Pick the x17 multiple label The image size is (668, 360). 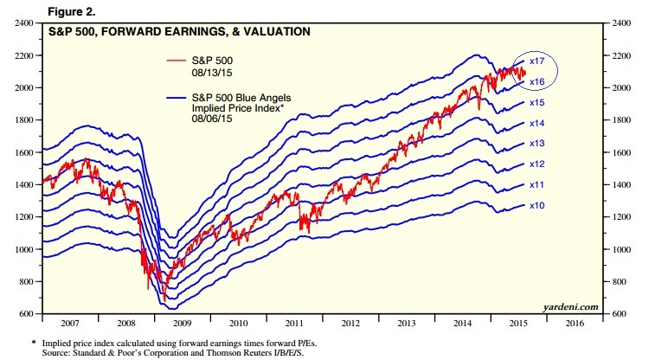coord(536,61)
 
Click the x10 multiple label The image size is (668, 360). coord(536,205)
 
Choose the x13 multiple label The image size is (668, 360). coord(536,143)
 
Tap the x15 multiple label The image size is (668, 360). coord(536,102)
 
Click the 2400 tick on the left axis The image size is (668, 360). coord(24,23)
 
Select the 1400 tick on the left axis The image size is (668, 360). coord(24,184)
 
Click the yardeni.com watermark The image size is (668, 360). coord(571,305)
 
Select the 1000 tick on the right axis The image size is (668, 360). coord(624,249)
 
